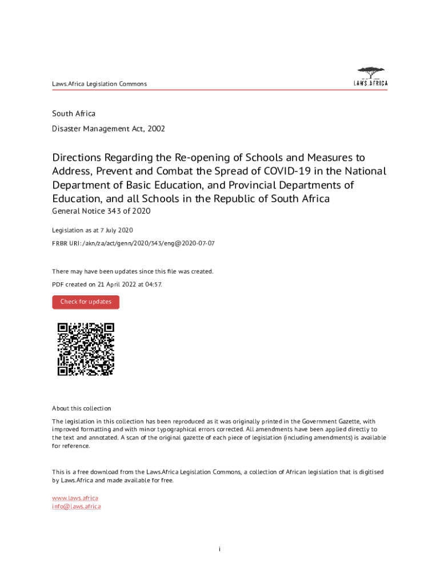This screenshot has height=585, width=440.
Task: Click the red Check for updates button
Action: tap(86, 302)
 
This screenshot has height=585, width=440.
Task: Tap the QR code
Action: tap(86, 349)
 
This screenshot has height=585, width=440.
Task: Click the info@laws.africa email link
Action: tap(77, 506)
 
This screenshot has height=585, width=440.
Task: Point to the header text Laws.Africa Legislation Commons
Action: tap(99, 84)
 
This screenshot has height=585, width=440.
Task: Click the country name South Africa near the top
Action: tap(74, 114)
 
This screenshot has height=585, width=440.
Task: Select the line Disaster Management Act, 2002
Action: tap(109, 129)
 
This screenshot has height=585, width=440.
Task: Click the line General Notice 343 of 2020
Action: tap(101, 212)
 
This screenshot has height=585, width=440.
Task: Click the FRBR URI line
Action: tap(133, 243)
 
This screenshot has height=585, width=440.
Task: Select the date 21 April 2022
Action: tap(113, 284)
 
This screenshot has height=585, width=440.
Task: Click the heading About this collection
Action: tap(81, 408)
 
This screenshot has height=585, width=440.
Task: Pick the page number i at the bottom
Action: tap(219, 549)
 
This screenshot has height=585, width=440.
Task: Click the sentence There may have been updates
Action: tap(133, 271)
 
